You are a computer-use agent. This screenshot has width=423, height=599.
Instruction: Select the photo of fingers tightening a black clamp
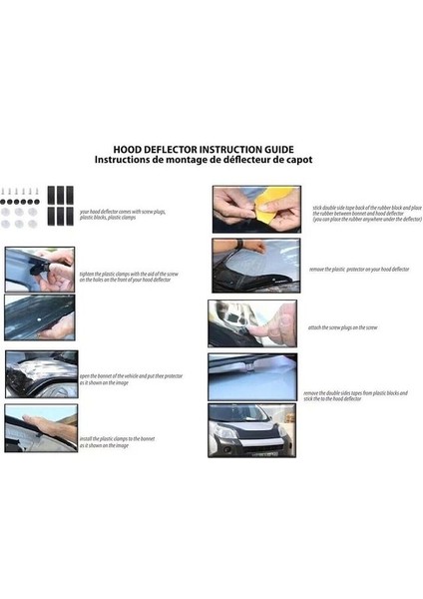point(39,268)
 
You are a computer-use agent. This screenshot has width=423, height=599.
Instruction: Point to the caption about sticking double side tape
point(366,213)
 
